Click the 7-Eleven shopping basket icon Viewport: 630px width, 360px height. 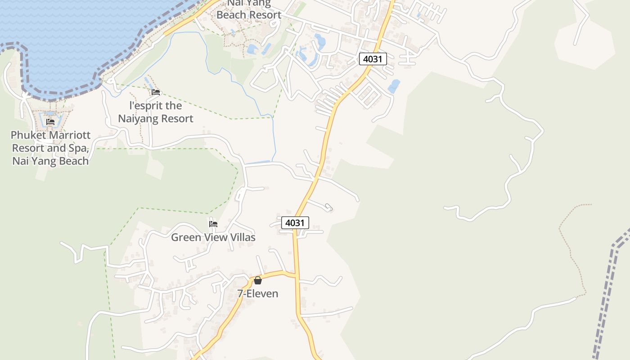(x=258, y=280)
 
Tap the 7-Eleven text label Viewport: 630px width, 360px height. (x=258, y=294)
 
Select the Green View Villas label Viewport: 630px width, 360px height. (x=213, y=237)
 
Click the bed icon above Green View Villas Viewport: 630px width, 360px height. (x=213, y=224)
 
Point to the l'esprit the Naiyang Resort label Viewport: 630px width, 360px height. (x=156, y=112)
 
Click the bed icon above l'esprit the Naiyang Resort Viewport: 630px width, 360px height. (x=156, y=92)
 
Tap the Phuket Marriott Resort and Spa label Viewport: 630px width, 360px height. (x=50, y=148)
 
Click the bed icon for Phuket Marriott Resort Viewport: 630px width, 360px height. (x=50, y=122)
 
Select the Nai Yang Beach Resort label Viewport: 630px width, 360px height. (x=248, y=10)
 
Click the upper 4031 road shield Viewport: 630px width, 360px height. (x=373, y=59)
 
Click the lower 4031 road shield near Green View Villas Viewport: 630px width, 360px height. (x=295, y=222)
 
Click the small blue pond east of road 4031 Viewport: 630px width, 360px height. (x=394, y=86)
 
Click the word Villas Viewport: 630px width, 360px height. (x=243, y=237)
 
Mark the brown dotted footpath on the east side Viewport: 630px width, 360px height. (x=568, y=252)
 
